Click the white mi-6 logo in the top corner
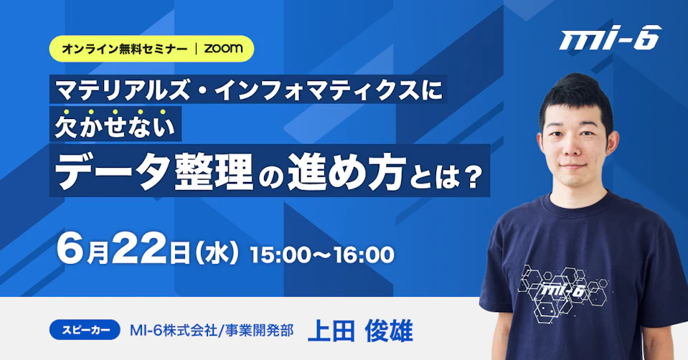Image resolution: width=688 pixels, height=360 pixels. click(611, 38)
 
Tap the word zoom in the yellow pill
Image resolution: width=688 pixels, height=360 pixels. click(223, 48)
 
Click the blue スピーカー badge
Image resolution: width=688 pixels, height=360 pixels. click(85, 330)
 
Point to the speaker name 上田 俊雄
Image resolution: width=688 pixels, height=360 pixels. click(360, 331)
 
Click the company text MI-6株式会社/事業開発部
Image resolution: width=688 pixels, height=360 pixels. click(212, 330)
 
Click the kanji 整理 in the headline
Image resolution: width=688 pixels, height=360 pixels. click(214, 172)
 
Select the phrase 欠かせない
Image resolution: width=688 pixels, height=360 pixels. click(115, 125)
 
